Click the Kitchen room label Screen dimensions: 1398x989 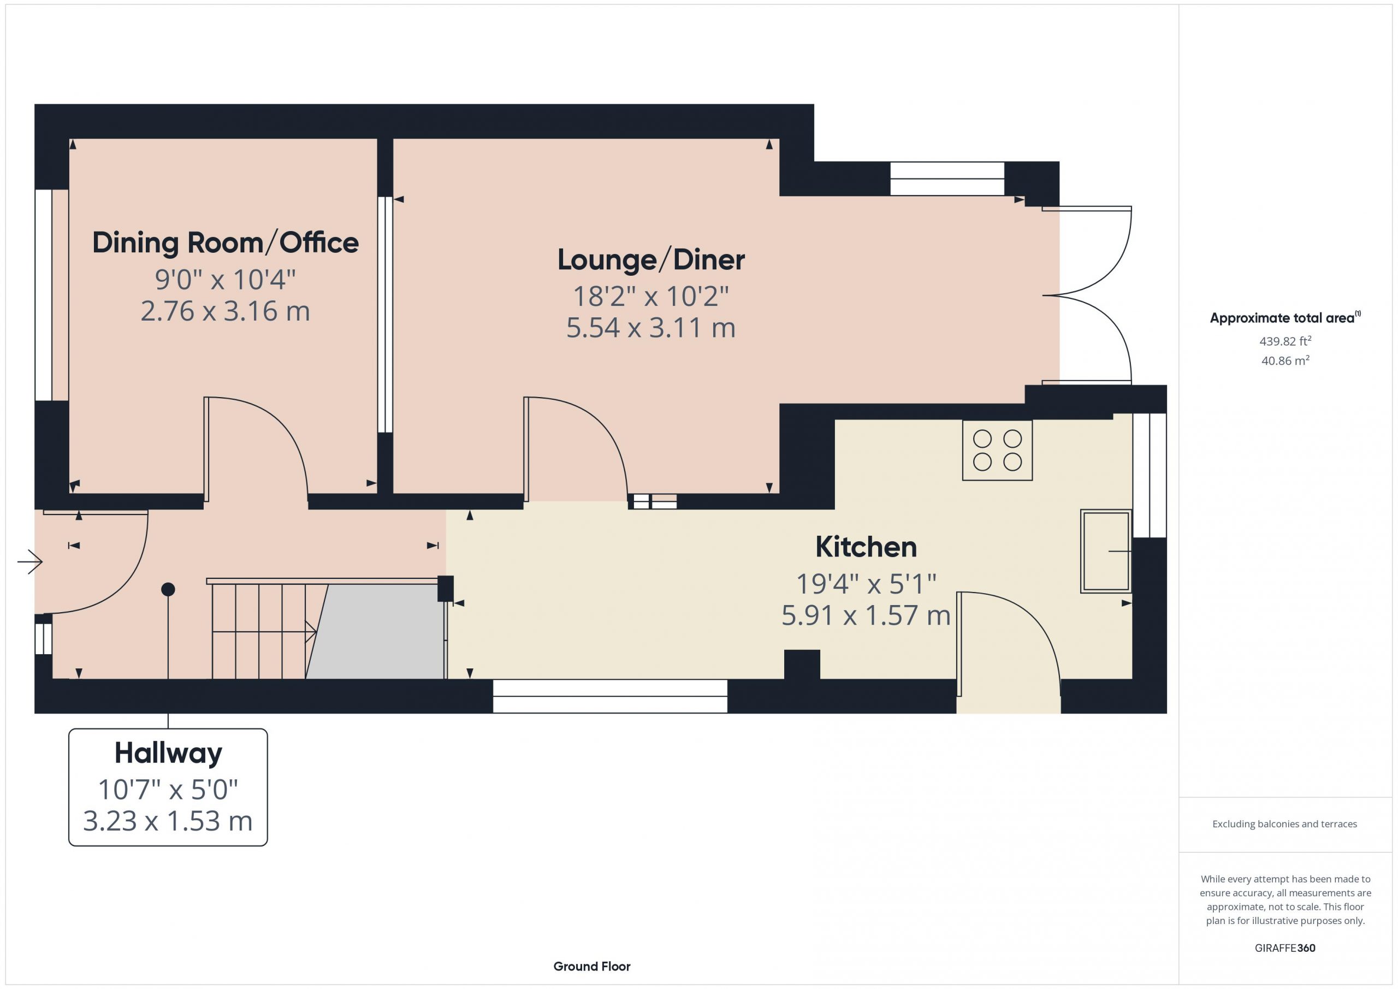(866, 547)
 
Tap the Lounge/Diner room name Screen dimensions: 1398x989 (651, 260)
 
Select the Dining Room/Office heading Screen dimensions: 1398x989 (226, 242)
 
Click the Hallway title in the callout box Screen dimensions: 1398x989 (168, 753)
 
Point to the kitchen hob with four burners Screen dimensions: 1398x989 (997, 450)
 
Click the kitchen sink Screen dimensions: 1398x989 (1106, 551)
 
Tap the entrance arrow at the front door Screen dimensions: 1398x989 (30, 561)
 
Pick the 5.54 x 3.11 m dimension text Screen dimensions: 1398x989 (651, 328)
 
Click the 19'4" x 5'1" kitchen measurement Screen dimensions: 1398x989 (866, 584)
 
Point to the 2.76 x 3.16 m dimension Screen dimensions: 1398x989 (226, 311)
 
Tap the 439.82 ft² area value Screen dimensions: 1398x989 (1286, 341)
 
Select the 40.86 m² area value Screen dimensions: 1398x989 (1286, 360)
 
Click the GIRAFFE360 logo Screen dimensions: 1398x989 (1285, 948)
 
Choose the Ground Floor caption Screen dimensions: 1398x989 (592, 967)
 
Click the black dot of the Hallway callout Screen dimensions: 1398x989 (168, 589)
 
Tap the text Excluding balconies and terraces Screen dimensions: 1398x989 (1285, 824)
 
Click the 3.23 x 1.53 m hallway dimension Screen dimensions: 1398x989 (168, 821)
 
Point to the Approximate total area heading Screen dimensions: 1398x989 (1285, 317)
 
